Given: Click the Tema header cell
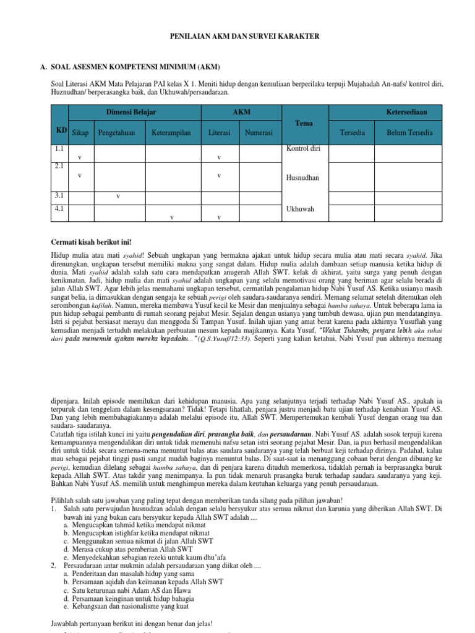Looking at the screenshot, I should [304, 124].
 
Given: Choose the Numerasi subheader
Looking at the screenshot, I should [260, 133].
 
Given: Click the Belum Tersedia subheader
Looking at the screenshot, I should [409, 133].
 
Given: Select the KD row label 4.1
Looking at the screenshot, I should [59, 209].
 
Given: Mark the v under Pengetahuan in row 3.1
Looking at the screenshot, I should [118, 197].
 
